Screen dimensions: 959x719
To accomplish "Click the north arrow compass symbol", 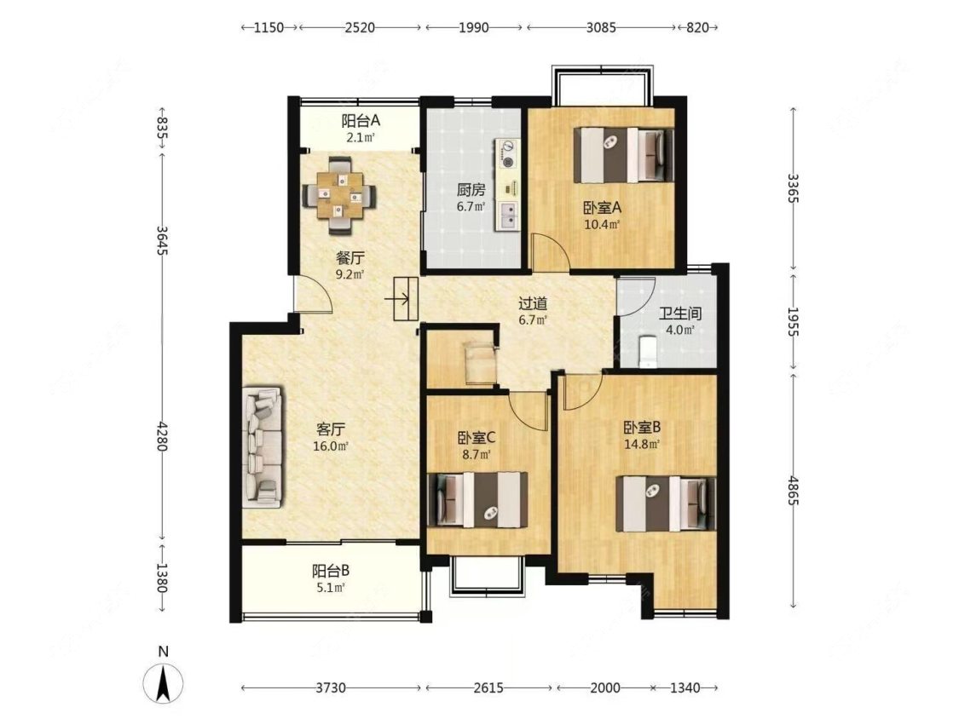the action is click(x=163, y=682).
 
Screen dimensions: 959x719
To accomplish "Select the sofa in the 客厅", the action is click(x=263, y=447).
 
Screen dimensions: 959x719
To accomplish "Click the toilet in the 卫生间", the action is click(x=646, y=353).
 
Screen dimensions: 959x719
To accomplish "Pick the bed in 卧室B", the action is click(x=666, y=503).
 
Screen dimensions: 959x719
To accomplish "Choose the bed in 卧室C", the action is click(x=477, y=499).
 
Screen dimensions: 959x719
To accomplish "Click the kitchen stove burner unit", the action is click(x=507, y=153).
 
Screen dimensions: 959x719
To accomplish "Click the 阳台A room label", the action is click(x=361, y=120).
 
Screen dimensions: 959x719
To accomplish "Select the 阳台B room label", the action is click(x=330, y=571).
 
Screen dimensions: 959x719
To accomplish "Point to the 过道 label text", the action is click(x=532, y=303).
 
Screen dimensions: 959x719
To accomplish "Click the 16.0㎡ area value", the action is click(x=330, y=446).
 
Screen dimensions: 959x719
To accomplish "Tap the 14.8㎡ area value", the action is click(x=642, y=445).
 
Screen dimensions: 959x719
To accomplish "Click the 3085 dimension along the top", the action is click(x=601, y=27).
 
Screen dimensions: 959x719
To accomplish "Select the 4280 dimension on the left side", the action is click(x=161, y=435).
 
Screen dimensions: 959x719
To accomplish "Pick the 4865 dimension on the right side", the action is click(x=794, y=491).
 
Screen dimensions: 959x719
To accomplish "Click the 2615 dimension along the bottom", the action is click(x=488, y=687).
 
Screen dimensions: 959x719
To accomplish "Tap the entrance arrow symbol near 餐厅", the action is click(x=398, y=299).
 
